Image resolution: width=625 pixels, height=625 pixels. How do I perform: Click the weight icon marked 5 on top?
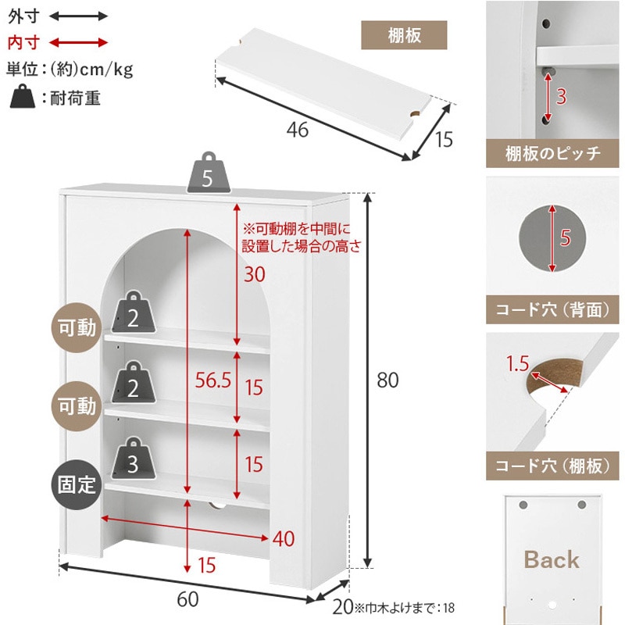209,173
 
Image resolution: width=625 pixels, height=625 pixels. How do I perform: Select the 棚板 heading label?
404,35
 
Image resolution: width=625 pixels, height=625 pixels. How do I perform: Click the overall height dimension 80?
387,380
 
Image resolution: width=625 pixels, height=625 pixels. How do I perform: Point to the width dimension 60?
187,599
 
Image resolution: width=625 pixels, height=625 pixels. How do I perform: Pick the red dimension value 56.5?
212,380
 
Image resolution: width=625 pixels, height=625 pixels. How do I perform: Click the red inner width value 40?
284,539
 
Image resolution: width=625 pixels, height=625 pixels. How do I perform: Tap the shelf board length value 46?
298,130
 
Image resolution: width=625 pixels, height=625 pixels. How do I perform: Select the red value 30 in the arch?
255,274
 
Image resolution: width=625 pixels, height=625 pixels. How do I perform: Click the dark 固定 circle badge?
77,484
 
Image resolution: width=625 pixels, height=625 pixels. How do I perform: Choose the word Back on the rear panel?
552,559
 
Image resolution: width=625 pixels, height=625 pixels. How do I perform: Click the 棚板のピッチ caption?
552,153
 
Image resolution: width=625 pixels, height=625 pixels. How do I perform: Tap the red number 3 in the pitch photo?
561,96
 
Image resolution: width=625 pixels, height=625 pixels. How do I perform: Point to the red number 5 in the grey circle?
565,237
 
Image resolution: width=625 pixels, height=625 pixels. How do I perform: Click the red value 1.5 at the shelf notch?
517,363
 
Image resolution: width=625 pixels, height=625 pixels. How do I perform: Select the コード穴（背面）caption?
552,309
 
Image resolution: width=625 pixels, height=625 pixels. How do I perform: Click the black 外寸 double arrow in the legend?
79,16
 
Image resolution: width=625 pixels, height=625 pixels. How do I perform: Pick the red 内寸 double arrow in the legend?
79,43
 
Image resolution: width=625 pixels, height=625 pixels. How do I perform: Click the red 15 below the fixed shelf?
207,565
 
